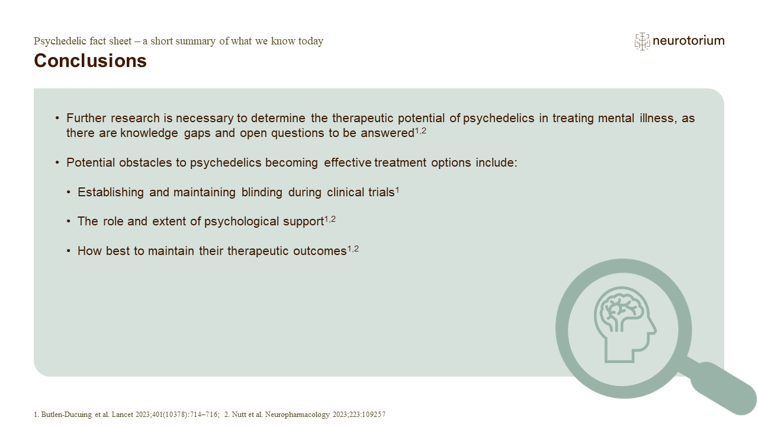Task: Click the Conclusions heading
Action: point(90,60)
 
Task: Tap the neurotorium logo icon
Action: point(642,41)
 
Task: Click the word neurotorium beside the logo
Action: point(688,41)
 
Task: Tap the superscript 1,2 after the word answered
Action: point(420,130)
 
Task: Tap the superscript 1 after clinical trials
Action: point(397,189)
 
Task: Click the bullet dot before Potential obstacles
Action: point(57,162)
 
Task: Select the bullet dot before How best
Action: point(69,251)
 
